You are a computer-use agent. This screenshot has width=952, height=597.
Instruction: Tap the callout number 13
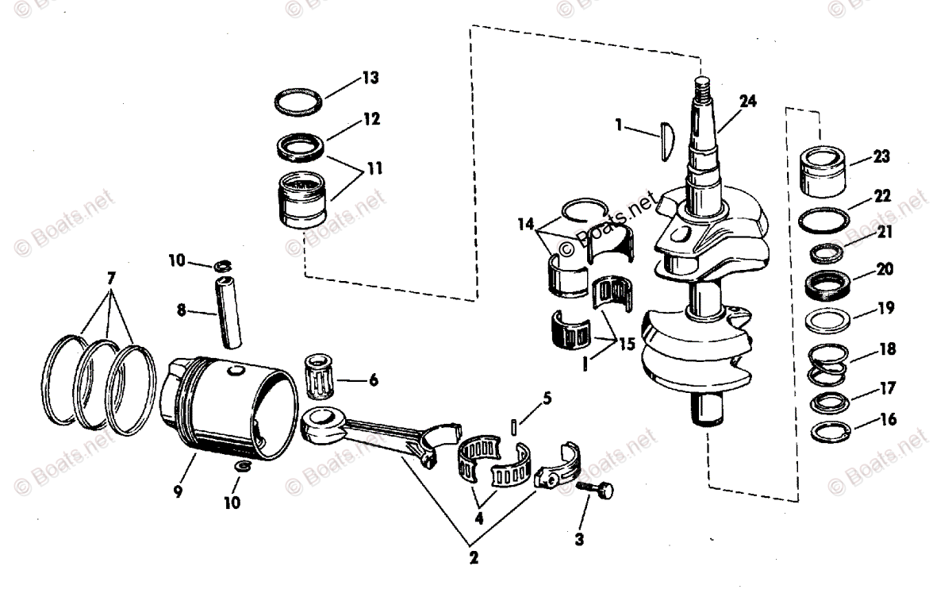(x=370, y=78)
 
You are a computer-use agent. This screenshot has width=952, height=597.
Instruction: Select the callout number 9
(x=178, y=492)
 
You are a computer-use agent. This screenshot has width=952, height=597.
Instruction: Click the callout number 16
(x=889, y=419)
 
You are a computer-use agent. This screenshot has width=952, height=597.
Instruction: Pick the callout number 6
(x=372, y=380)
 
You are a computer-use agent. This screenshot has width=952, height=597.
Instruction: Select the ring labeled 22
(x=826, y=220)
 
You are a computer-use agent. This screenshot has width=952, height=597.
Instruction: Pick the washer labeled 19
(x=830, y=322)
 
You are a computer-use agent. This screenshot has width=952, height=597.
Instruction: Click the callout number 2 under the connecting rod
(x=474, y=557)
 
